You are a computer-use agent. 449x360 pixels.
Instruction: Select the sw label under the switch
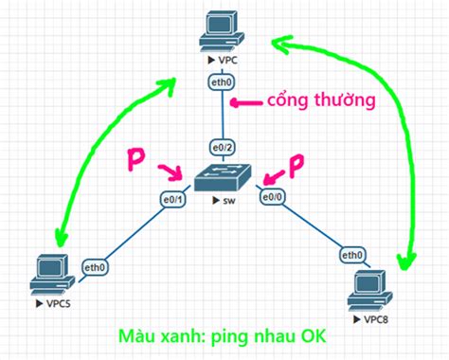(x=230, y=201)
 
